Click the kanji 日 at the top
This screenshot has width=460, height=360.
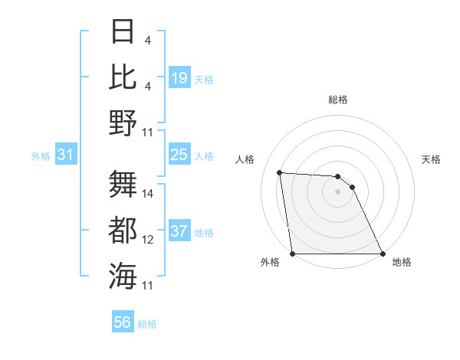123,32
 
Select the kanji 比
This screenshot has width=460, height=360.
123,77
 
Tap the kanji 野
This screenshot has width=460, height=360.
123,123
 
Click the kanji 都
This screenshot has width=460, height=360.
123,230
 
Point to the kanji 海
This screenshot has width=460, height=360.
123,276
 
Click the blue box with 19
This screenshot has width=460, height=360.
179,78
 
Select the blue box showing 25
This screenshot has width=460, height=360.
179,155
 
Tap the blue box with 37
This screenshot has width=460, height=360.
179,231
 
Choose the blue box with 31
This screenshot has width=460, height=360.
65,155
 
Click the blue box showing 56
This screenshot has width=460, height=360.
123,322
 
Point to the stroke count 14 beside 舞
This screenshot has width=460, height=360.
148,194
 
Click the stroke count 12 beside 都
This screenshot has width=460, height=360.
148,240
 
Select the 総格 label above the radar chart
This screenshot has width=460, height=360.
338,100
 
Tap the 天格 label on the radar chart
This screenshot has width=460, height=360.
431,159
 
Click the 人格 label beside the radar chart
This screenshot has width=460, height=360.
245,159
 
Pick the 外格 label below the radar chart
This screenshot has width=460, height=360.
269,262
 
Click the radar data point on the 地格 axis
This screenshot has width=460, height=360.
383,254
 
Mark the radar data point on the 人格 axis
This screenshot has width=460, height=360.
280,172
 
